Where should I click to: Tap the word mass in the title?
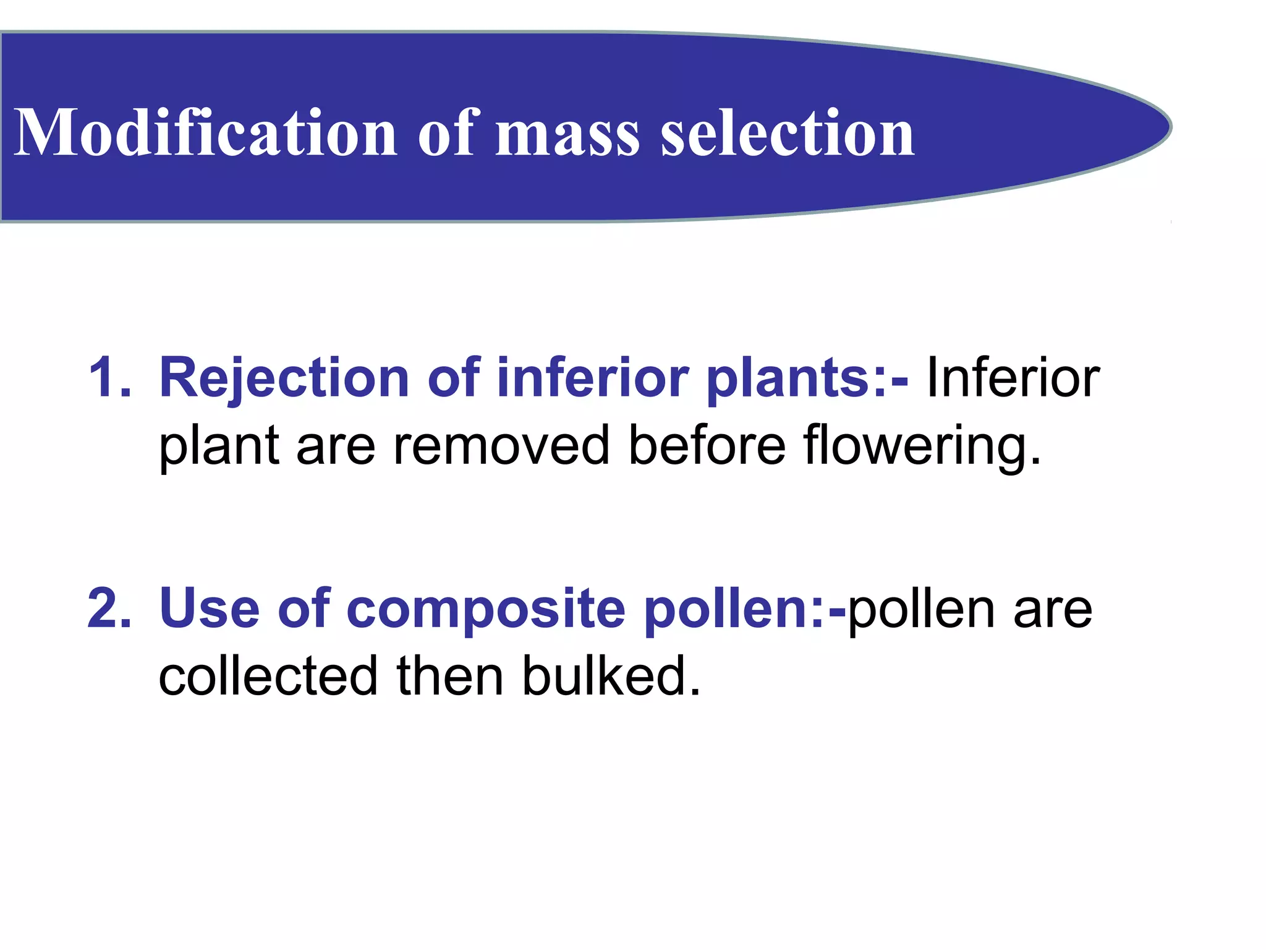tap(567, 134)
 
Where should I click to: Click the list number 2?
tap(109, 609)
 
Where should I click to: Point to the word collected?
tap(268, 675)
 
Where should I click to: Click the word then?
tap(449, 675)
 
